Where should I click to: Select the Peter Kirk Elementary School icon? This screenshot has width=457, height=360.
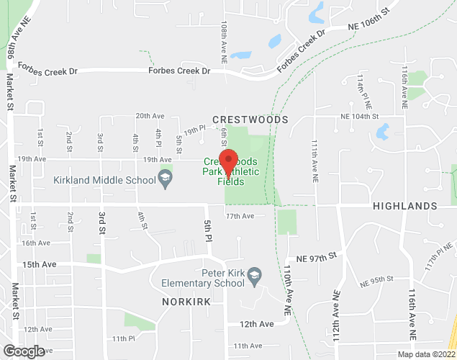click(253, 274)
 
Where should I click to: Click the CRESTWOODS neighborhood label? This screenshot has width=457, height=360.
click(250, 120)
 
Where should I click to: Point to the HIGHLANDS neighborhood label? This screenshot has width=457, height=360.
click(405, 206)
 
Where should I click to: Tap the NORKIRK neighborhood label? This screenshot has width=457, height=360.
click(186, 302)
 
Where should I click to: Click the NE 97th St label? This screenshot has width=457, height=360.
click(322, 256)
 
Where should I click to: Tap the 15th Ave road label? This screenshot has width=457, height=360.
click(39, 264)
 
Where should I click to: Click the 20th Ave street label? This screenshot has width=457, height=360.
click(150, 115)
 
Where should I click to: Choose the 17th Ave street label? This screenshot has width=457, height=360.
click(240, 216)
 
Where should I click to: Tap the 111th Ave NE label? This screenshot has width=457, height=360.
click(315, 158)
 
